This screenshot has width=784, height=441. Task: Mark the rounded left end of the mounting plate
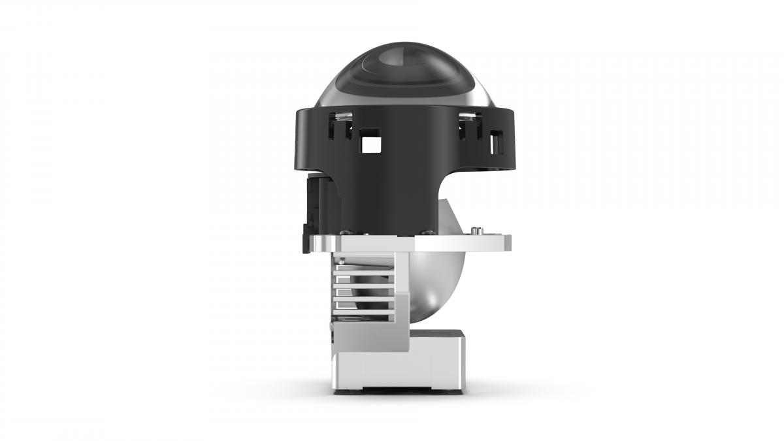coord(315,244)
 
